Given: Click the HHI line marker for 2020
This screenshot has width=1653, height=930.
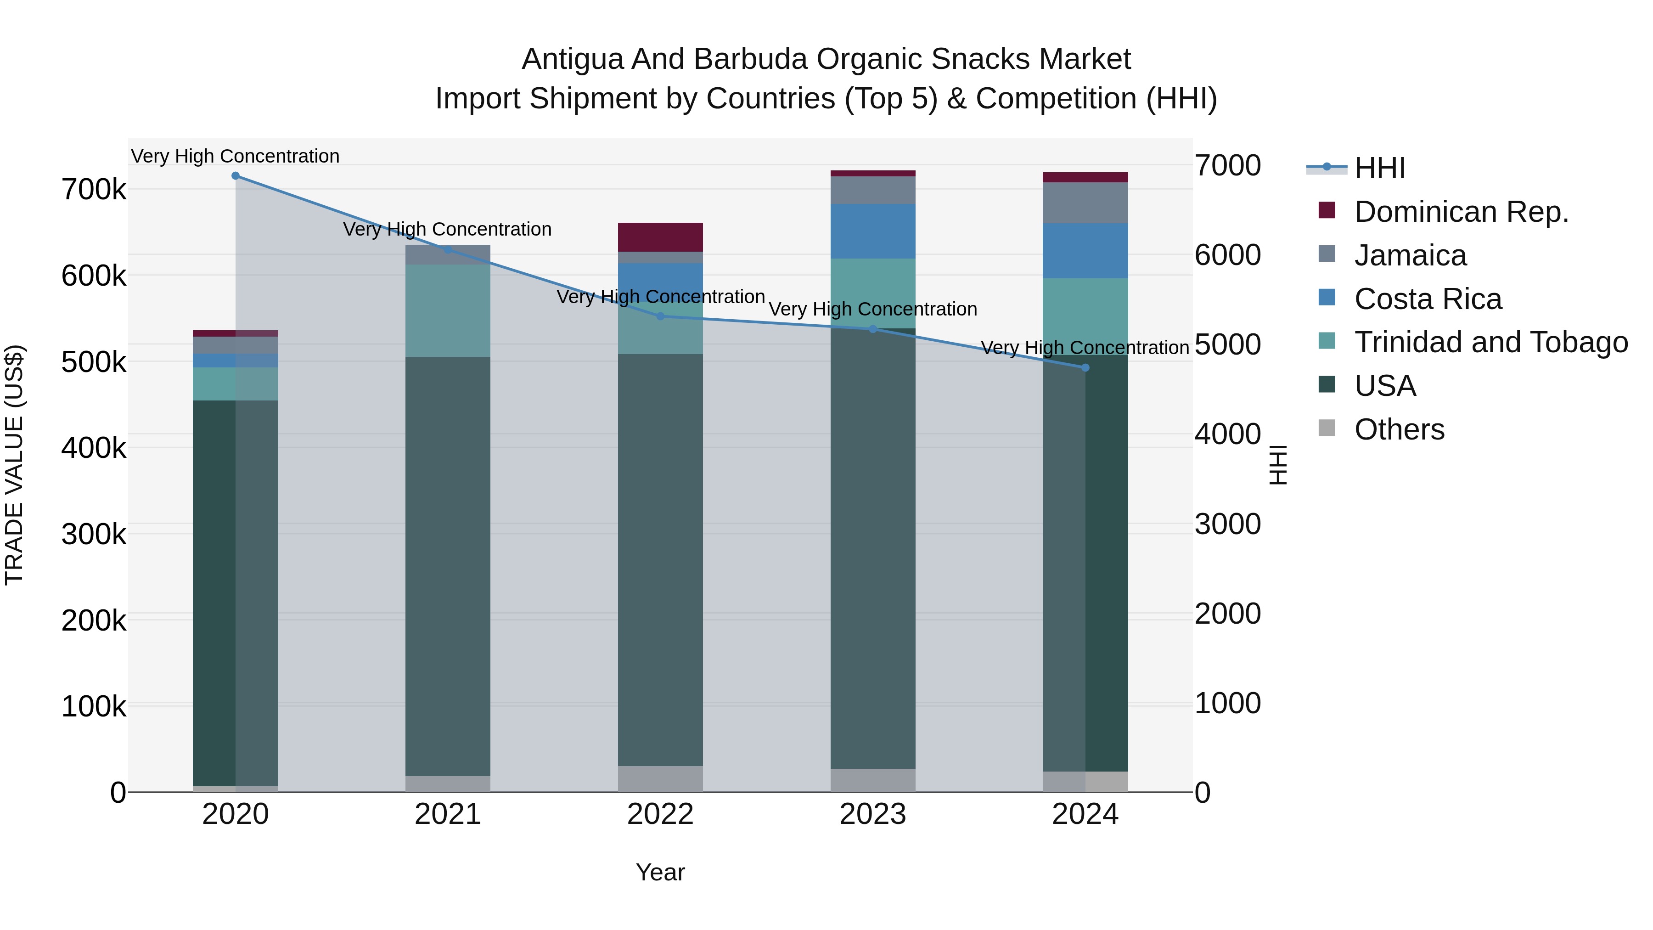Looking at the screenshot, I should pyautogui.click(x=236, y=176).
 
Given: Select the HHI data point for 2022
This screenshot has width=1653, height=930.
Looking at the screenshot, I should pyautogui.click(x=660, y=316).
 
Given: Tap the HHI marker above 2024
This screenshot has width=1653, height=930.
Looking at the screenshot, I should pyautogui.click(x=1085, y=368).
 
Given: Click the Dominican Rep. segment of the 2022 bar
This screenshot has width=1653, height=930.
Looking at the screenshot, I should pyautogui.click(x=660, y=237).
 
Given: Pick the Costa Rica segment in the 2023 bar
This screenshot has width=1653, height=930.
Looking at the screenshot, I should pyautogui.click(x=873, y=231).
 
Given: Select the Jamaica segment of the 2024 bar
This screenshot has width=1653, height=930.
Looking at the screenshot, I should pyautogui.click(x=1085, y=203).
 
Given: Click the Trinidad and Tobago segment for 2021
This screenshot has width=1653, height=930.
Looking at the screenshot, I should pyautogui.click(x=448, y=310).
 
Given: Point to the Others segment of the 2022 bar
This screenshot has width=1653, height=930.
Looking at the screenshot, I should pyautogui.click(x=660, y=778).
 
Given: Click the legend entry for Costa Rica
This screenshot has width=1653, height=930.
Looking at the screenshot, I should pyautogui.click(x=1428, y=299).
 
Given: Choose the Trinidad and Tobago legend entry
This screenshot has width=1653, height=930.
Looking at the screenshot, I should pyautogui.click(x=1490, y=343).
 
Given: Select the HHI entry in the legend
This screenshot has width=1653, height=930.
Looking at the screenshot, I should pyautogui.click(x=1380, y=168).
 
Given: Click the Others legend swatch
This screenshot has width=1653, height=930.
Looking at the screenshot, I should pyautogui.click(x=1327, y=428).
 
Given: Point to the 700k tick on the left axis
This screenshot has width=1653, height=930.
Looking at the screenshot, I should pyautogui.click(x=94, y=190).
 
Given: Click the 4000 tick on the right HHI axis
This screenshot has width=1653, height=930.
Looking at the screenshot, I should pyautogui.click(x=1227, y=434).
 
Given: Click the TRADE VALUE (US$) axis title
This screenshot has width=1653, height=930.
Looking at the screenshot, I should pyautogui.click(x=15, y=465).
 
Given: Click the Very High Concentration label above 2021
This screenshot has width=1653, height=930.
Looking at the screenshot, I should pyautogui.click(x=447, y=230).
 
